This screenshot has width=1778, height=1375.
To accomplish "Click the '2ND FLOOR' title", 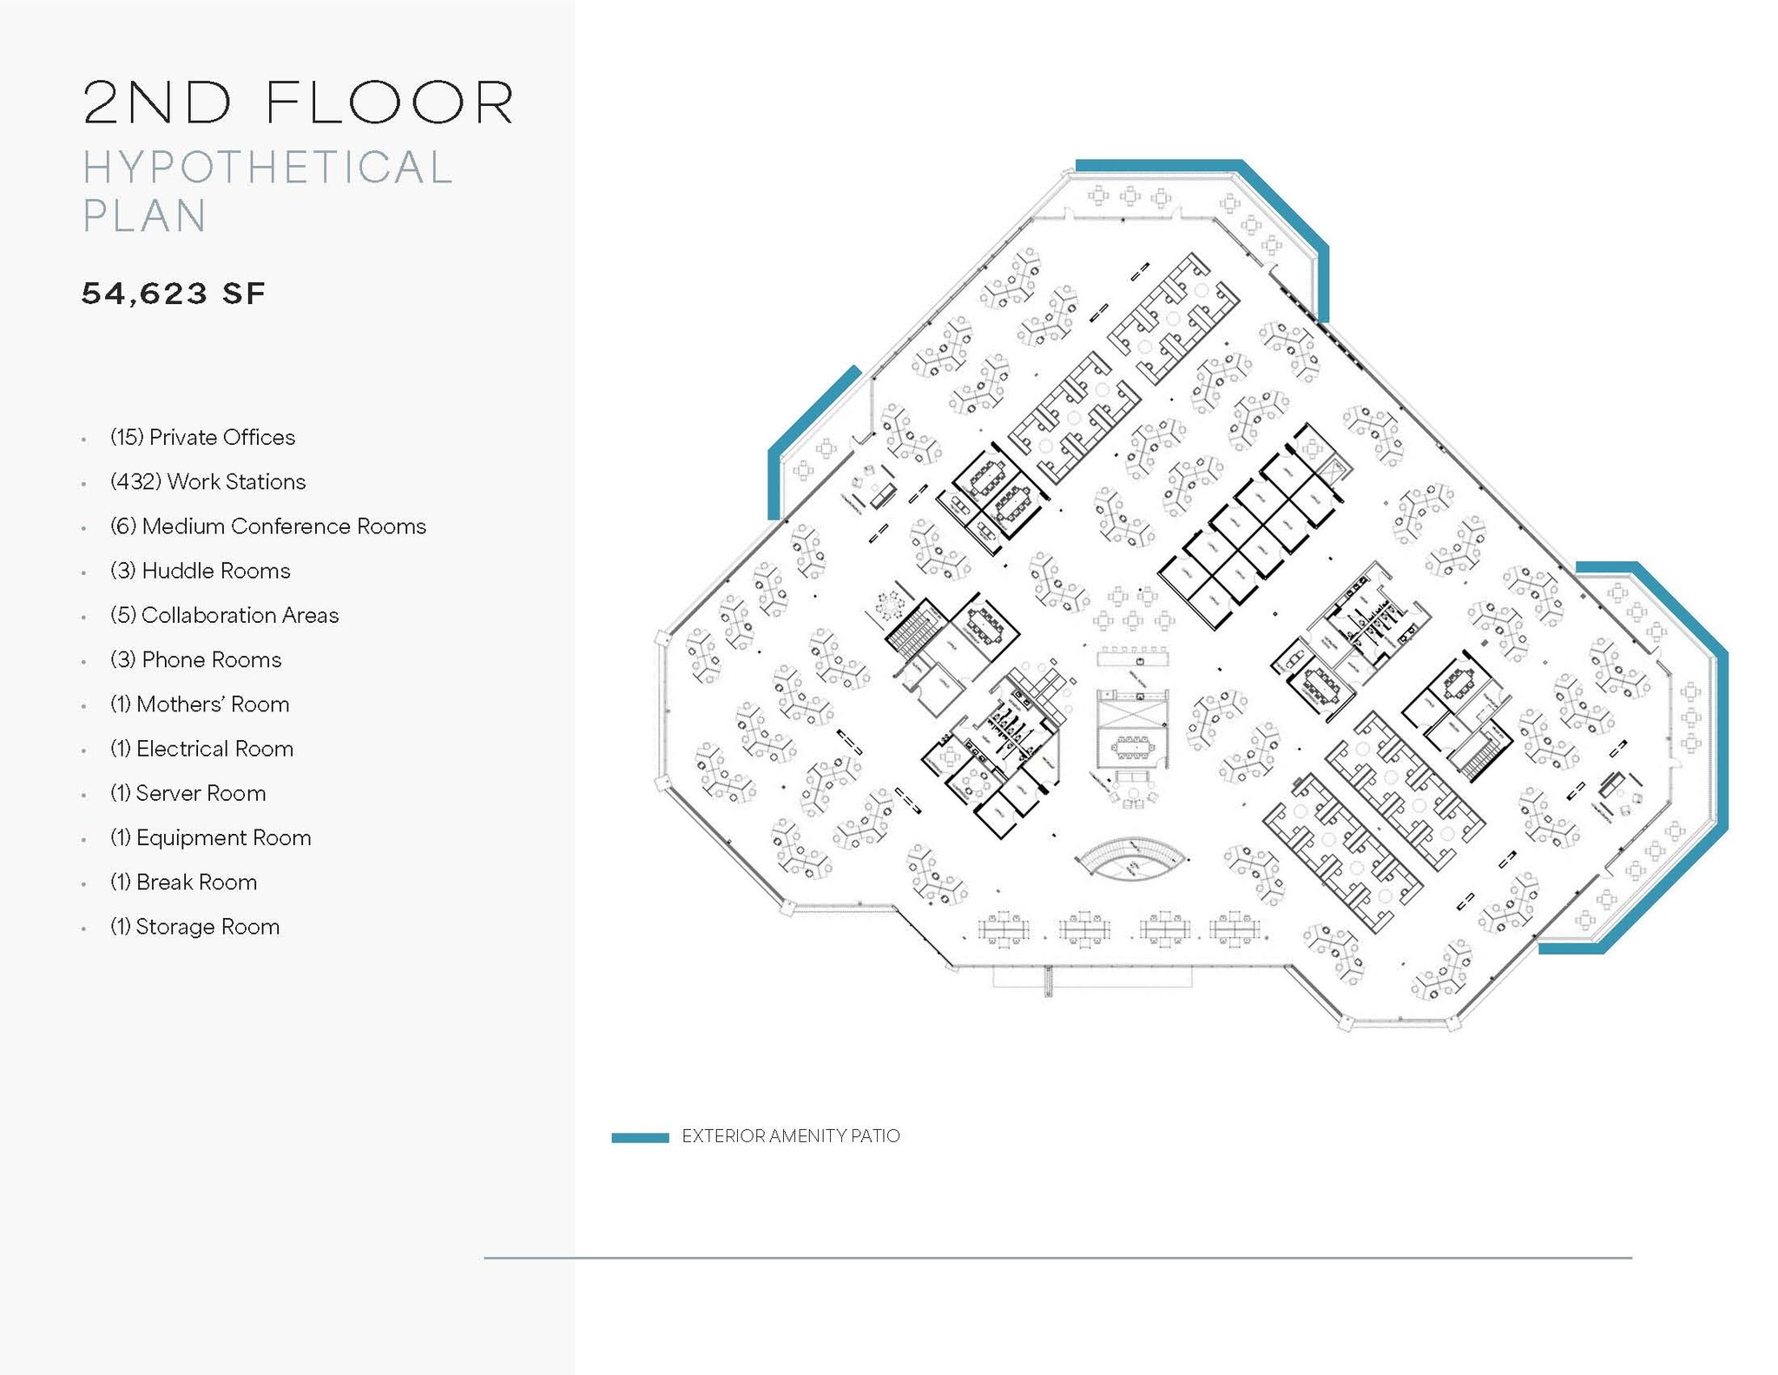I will point(299,102).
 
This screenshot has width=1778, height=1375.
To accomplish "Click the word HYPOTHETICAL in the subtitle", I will point(267,168).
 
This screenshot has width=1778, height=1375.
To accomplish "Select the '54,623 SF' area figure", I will point(173,294).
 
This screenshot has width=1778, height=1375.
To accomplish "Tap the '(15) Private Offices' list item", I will point(202,437).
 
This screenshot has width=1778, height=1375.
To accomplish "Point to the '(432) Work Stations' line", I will point(207,481).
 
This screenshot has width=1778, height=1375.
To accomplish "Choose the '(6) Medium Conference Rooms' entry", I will point(267,526).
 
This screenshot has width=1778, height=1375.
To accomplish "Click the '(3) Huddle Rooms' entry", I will point(200,571).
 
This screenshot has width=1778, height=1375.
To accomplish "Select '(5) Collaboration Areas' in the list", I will point(224,615).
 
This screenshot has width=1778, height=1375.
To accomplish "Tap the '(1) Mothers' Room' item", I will point(200,704).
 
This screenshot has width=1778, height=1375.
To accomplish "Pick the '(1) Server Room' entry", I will point(188,793).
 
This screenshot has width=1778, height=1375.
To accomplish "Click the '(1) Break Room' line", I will point(183,882).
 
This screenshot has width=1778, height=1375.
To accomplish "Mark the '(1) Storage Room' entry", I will point(194,927).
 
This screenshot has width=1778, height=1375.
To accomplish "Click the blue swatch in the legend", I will point(640,1137).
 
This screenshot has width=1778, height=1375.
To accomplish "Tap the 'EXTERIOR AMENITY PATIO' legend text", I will point(790,1136).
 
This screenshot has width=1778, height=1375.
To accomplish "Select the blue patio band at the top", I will point(1158,165).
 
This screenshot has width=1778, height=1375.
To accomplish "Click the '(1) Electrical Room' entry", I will point(201,749).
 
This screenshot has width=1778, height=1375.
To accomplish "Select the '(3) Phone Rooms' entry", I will point(195,659).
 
